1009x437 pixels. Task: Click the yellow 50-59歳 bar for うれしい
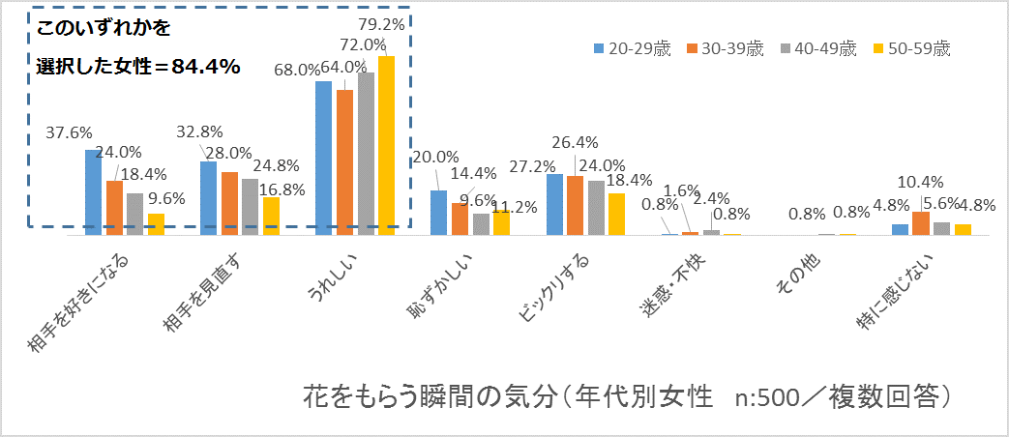[x=386, y=145]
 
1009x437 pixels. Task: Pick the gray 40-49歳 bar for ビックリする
[x=596, y=207]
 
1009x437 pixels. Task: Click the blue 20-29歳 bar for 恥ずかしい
[x=438, y=212]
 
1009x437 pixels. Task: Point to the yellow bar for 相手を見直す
[x=271, y=216]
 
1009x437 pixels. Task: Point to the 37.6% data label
[x=69, y=133]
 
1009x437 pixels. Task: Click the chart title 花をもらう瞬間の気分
[x=430, y=396]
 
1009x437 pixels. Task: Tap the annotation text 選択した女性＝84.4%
[x=137, y=67]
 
